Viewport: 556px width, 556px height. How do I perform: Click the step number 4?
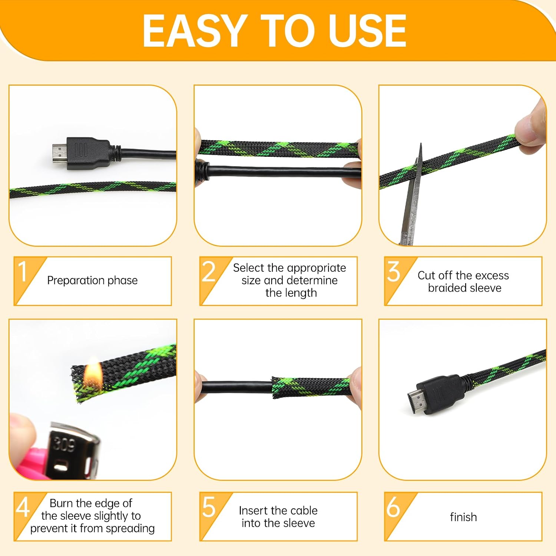click(23, 507)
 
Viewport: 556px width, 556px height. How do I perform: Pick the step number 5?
click(209, 507)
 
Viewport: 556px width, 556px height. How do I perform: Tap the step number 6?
click(393, 507)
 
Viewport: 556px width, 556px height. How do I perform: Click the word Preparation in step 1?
click(76, 281)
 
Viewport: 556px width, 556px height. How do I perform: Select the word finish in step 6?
click(463, 517)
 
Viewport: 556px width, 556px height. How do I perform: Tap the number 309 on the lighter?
click(64, 444)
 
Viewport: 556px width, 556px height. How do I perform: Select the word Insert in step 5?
click(253, 510)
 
